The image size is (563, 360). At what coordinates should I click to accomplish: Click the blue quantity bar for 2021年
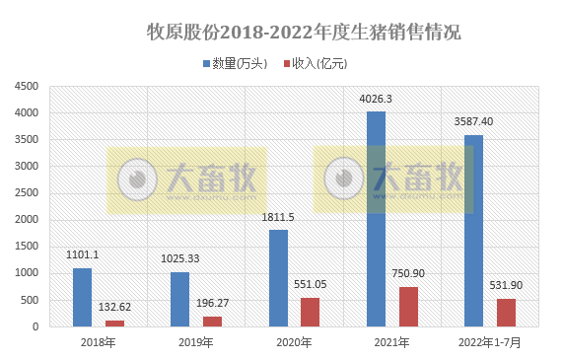coord(376,218)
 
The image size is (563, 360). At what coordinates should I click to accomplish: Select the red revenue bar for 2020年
coord(311,312)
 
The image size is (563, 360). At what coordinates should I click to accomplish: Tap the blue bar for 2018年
coord(82,297)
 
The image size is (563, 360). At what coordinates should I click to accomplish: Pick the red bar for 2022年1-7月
coord(506,313)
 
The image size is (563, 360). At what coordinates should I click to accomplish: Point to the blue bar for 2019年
coord(179,299)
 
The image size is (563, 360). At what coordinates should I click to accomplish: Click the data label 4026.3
coord(376,99)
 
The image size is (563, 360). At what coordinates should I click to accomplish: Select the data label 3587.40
coord(473,122)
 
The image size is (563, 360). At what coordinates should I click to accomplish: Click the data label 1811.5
coord(278,217)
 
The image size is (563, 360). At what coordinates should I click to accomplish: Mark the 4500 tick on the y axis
coord(27,87)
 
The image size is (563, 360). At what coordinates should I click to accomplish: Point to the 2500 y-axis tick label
coord(27,193)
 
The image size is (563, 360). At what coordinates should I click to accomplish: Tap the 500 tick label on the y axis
coord(30,300)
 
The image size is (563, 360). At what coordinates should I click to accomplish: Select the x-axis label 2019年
coord(195,343)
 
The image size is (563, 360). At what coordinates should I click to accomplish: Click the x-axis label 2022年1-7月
coord(489,343)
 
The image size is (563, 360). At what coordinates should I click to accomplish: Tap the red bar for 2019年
coord(213,321)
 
